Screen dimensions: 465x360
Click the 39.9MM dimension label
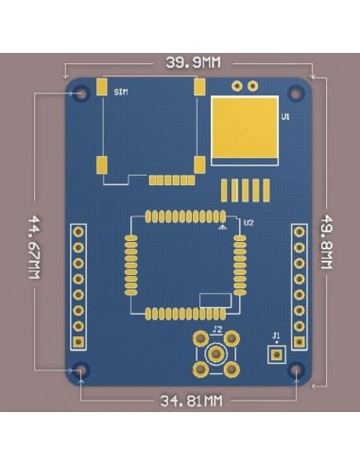[193, 62]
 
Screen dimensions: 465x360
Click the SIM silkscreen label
[120, 93]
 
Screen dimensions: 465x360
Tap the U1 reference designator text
[285, 117]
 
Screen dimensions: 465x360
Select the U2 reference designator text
[249, 223]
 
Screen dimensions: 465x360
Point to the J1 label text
[276, 336]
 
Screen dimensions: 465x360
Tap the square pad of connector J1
[276, 354]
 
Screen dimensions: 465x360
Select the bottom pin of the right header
[300, 341]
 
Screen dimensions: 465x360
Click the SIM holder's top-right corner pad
[199, 86]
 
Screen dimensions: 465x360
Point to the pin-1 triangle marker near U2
[221, 228]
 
